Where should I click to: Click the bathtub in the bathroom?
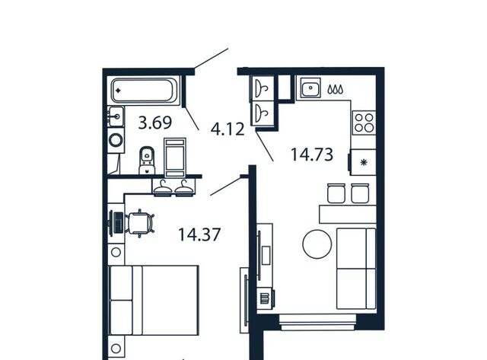[145, 91]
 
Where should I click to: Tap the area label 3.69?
[155, 123]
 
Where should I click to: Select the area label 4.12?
[228, 129]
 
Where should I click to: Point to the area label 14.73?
[312, 155]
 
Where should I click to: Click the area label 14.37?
[199, 234]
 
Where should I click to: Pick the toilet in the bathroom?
[147, 160]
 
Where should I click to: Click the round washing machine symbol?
[116, 140]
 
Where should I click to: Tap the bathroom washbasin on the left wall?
[116, 116]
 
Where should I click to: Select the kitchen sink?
[310, 88]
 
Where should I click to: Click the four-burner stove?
[364, 123]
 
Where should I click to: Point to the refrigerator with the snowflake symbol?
[363, 162]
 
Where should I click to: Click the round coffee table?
[317, 244]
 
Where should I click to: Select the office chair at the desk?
[140, 223]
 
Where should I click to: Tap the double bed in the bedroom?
[154, 300]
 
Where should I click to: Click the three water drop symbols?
[336, 90]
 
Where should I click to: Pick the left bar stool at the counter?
[336, 193]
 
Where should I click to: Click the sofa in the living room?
[356, 269]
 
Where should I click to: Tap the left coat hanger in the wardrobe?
[163, 187]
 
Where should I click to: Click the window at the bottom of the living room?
[317, 322]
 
